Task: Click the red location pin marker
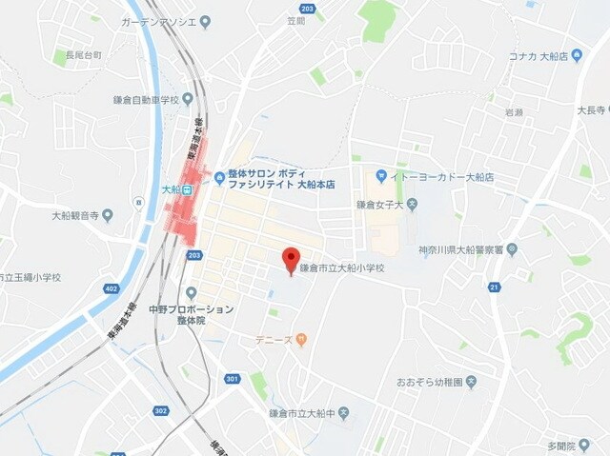coord(292,258)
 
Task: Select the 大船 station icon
coord(189,189)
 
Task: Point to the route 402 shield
coord(111,289)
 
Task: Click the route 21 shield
coord(495,287)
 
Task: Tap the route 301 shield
coord(233,378)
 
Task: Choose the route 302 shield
coord(160,410)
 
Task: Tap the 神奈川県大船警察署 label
coord(460,249)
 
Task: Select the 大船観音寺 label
coord(75,215)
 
